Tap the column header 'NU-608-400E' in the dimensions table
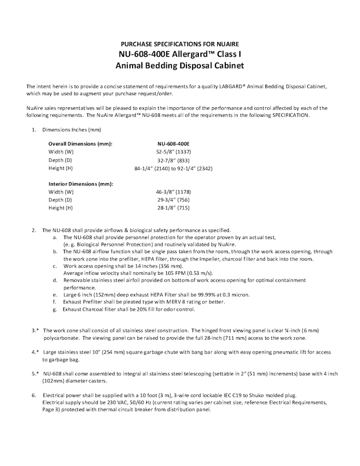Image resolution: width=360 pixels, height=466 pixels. pos(174,143)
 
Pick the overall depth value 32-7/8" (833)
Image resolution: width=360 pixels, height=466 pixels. pos(174,160)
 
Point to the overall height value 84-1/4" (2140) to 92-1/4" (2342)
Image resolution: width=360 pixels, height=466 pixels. pos(174,168)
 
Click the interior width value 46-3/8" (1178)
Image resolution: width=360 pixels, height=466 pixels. pos(174,192)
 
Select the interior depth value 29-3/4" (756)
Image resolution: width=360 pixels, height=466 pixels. pos(174,200)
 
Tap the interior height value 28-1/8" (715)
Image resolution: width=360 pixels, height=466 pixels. pos(174,208)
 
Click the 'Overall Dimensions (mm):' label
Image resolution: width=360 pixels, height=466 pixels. pos(80,143)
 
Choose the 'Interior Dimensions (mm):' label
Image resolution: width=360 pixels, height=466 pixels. pos(81,183)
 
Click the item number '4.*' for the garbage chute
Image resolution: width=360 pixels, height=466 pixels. pos(34,352)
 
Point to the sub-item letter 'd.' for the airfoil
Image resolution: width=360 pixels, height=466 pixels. pos(55,280)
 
